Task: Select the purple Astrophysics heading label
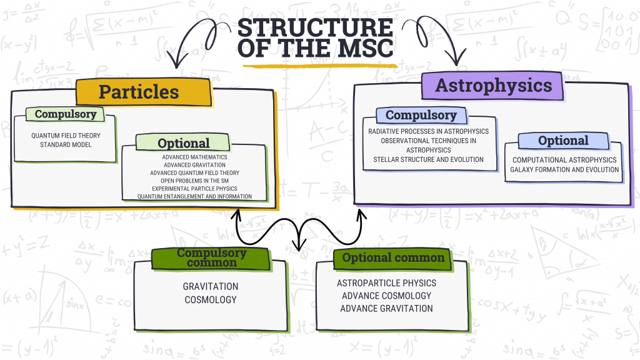[492, 86]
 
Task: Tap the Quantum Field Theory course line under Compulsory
[66, 136]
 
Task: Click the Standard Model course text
[66, 144]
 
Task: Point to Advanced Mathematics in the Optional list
[195, 157]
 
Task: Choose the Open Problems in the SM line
[195, 181]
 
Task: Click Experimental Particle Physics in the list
[195, 189]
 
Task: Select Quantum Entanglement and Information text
[195, 196]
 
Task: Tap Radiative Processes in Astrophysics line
[429, 131]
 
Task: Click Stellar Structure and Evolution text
[429, 159]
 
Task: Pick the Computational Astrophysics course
[564, 160]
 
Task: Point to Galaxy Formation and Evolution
[564, 169]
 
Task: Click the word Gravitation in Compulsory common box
[211, 286]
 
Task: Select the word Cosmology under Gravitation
[211, 299]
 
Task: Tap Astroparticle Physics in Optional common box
[386, 283]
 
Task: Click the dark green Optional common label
[392, 259]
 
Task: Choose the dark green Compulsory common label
[211, 258]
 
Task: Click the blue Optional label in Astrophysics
[564, 141]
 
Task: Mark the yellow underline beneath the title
[319, 65]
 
